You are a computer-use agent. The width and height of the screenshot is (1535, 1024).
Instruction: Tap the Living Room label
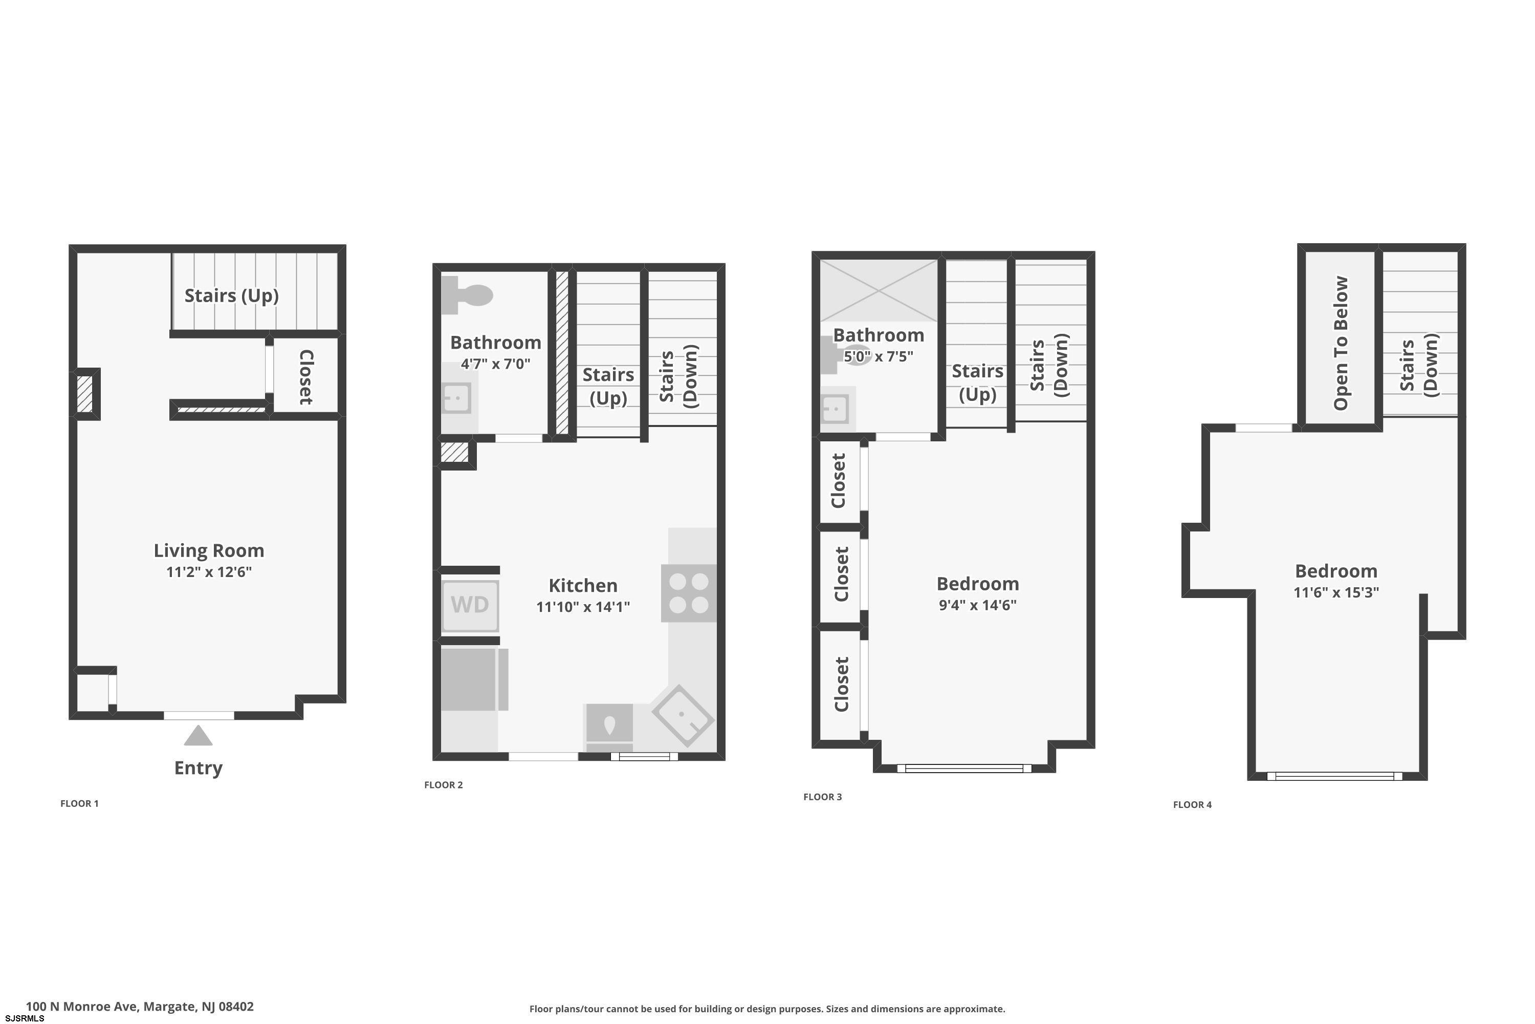pyautogui.click(x=209, y=550)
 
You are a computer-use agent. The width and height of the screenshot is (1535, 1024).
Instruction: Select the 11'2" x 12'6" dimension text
pyautogui.click(x=209, y=572)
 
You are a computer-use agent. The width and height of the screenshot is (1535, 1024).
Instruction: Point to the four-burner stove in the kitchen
pyautogui.click(x=689, y=593)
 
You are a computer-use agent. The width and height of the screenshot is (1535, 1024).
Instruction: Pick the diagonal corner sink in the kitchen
pyautogui.click(x=683, y=716)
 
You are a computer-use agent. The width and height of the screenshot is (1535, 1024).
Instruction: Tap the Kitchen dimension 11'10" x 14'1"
pyautogui.click(x=583, y=607)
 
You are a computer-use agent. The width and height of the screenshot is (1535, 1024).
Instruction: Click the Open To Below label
pyautogui.click(x=1341, y=343)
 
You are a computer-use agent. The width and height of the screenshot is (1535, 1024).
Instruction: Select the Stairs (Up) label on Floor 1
pyautogui.click(x=232, y=296)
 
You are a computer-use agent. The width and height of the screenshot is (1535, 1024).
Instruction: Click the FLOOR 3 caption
pyautogui.click(x=822, y=797)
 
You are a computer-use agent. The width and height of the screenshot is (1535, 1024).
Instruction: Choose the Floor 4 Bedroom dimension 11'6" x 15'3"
pyautogui.click(x=1336, y=592)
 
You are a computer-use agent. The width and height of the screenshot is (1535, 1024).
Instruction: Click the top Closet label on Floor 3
pyautogui.click(x=839, y=481)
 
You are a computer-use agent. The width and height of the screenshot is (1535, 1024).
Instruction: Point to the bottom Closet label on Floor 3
pyautogui.click(x=841, y=684)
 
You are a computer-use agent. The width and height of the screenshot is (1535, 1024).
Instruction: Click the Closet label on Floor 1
pyautogui.click(x=306, y=377)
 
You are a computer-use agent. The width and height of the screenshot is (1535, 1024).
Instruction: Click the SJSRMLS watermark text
pyautogui.click(x=24, y=1019)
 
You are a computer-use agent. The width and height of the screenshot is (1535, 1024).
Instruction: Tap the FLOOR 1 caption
pyautogui.click(x=80, y=803)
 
